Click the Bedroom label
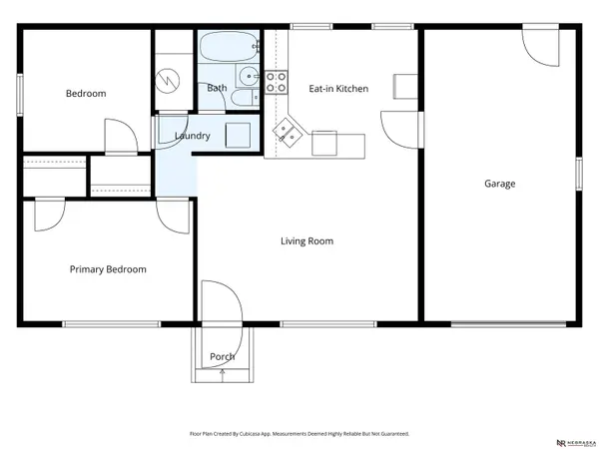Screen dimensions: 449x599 (x=86, y=94)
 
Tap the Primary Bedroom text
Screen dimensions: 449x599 (x=108, y=269)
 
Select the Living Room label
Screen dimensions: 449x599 (x=306, y=241)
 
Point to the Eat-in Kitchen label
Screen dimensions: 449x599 (x=337, y=89)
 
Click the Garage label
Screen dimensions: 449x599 (x=500, y=184)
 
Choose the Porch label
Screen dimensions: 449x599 (x=222, y=357)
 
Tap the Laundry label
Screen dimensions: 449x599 (x=192, y=136)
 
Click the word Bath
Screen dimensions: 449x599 (x=217, y=89)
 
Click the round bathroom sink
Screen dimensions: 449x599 (x=246, y=77)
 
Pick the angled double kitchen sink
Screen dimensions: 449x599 (x=289, y=132)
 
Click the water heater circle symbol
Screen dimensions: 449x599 (x=172, y=76)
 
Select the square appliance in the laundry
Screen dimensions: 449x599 (x=237, y=134)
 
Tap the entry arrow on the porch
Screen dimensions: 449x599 (x=222, y=375)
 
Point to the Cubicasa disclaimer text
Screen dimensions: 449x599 (x=299, y=434)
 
